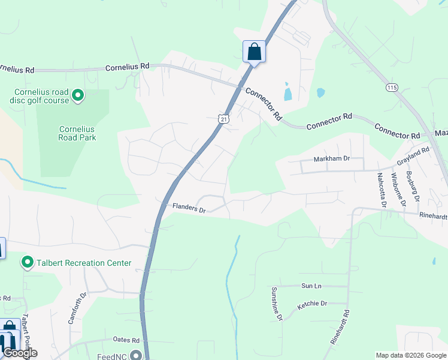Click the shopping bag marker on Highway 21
tap(254, 52)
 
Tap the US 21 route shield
tap(223, 119)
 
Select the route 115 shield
tap(392, 88)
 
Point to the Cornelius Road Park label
tap(77, 133)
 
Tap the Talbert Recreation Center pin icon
tap(27, 262)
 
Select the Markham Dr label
tap(331, 159)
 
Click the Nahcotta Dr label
tap(381, 190)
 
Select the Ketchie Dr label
tap(312, 304)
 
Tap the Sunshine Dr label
tap(277, 304)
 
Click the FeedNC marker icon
tap(137, 355)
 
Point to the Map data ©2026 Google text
tap(410, 355)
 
